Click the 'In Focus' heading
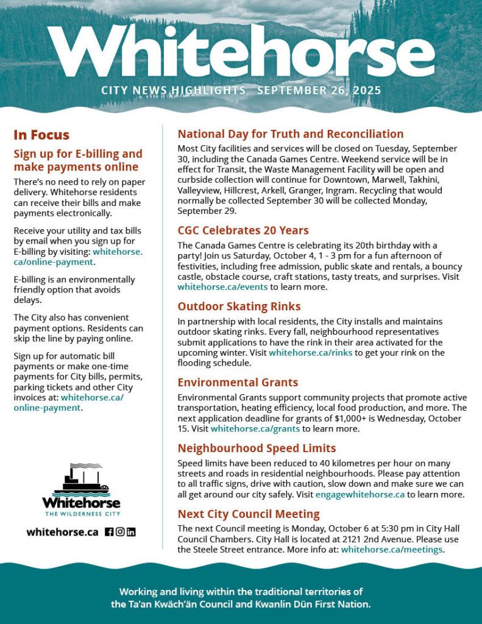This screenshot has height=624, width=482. [41, 135]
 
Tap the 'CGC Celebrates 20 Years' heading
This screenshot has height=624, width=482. [243, 230]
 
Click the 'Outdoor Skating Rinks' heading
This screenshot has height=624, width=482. [239, 306]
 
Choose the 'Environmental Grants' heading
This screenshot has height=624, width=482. [238, 382]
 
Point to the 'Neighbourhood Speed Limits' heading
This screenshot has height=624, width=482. [257, 448]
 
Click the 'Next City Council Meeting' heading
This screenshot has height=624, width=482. [249, 514]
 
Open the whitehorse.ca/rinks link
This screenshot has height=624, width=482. [310, 353]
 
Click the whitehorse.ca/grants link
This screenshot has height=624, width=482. [255, 428]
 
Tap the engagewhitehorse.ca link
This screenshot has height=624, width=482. [360, 494]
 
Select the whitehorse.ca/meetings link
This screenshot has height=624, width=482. [392, 550]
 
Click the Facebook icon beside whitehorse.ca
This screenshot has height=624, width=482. [109, 532]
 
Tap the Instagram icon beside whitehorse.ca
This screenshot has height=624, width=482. [120, 532]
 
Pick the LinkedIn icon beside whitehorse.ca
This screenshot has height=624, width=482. [131, 532]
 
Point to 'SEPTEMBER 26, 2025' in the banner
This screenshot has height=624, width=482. [319, 91]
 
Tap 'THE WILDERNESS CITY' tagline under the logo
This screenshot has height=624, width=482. [81, 514]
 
